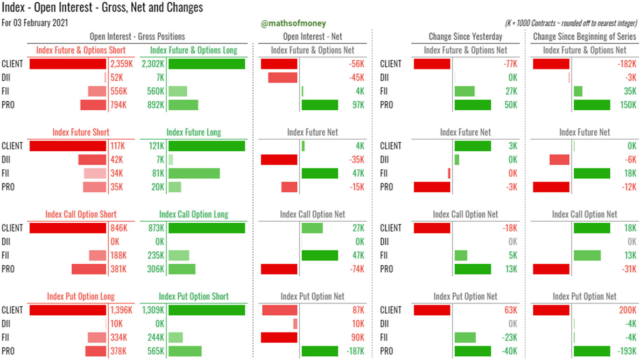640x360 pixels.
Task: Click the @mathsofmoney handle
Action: coord(293,23)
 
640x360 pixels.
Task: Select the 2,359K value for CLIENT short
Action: coord(121,64)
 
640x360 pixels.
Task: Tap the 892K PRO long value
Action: coord(155,105)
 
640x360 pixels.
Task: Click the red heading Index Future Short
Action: coord(81,132)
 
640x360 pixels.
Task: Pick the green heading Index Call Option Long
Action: coord(193,214)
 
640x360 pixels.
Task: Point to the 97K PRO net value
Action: coord(358,105)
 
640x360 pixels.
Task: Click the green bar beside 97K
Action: coord(320,105)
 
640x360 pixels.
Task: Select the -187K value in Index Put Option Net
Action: coord(356,351)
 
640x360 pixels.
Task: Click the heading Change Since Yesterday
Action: coord(465,36)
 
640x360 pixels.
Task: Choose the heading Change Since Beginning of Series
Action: coord(584,36)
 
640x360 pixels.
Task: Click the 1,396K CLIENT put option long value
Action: coord(121,310)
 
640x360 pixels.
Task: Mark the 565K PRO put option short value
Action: coord(155,351)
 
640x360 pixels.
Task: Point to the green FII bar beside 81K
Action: coord(194,173)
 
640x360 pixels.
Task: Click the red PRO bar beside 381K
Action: coord(89,269)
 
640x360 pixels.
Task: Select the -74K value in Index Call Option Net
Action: coord(357,269)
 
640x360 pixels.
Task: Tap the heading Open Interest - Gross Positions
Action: coord(137,36)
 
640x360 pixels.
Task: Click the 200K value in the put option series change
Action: coord(628,310)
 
